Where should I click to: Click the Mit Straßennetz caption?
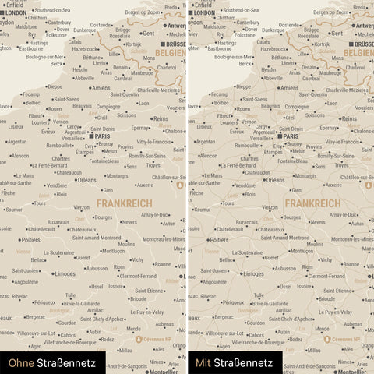coord(234,362)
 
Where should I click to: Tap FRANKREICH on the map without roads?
coord(124,203)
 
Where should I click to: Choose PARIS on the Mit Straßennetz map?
coord(288,136)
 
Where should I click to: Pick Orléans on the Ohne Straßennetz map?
coord(86,180)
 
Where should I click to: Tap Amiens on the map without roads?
coord(101,88)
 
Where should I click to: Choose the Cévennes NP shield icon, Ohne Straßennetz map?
coord(139,340)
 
